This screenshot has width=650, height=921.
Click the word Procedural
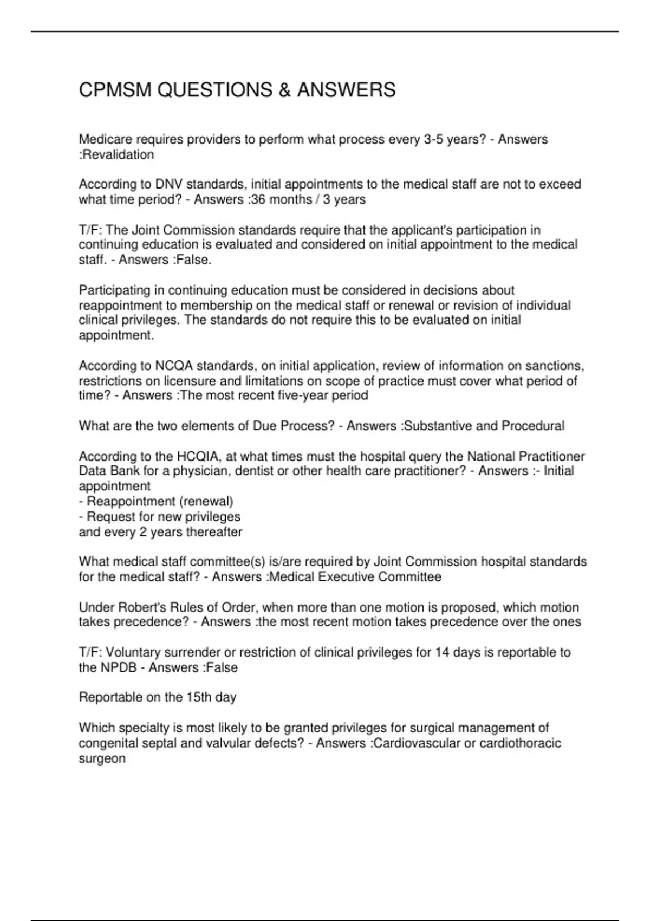click(x=533, y=426)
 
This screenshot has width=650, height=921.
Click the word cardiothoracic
click(x=518, y=743)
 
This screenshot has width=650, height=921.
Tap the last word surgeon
click(x=102, y=758)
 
